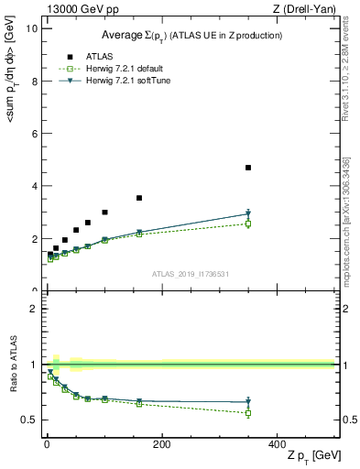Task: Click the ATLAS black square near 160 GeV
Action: click(139, 198)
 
